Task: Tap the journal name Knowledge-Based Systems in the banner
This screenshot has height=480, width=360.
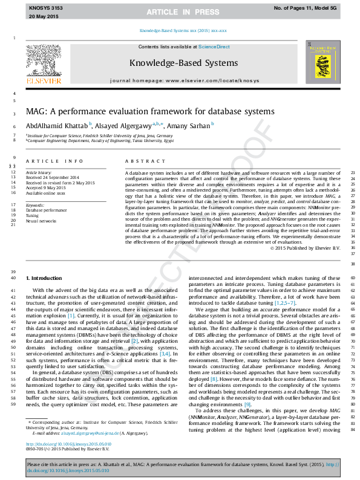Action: click(x=183, y=62)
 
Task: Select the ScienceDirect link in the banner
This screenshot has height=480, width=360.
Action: click(x=214, y=47)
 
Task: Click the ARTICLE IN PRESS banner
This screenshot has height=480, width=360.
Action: click(x=180, y=11)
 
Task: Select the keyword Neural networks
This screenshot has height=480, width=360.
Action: click(x=41, y=221)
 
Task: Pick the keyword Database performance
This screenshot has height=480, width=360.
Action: click(x=46, y=210)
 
